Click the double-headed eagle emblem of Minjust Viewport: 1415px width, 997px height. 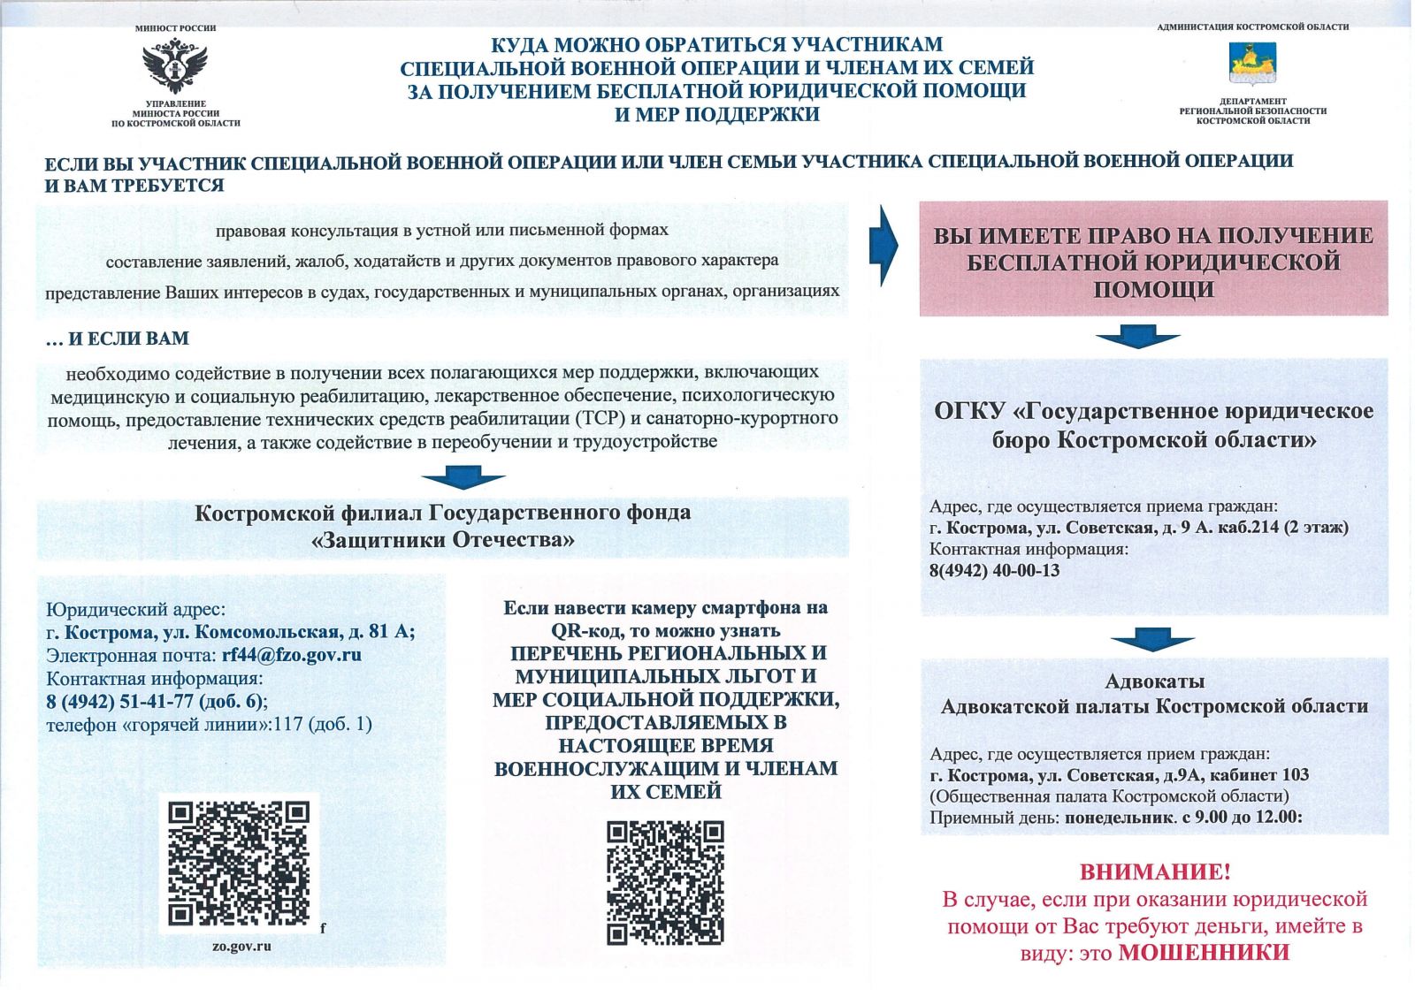175,67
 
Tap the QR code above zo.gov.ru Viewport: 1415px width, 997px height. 239,863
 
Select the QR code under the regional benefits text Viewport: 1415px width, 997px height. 665,882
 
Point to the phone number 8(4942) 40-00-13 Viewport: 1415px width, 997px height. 994,570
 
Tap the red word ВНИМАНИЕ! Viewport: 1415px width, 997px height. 1154,872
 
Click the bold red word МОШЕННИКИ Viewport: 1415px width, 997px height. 1204,953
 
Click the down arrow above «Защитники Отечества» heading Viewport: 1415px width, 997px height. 463,480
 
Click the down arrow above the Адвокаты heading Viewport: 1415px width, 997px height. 1152,640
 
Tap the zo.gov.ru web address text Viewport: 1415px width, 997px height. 241,946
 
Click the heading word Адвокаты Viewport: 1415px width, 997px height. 1154,681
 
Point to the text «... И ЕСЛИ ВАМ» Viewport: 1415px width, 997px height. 118,339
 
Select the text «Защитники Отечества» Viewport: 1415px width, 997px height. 443,540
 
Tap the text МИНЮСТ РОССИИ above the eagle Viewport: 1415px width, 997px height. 175,28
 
